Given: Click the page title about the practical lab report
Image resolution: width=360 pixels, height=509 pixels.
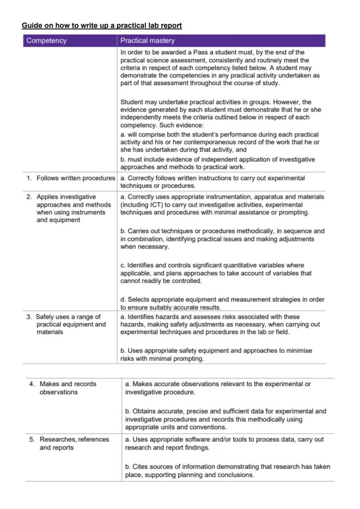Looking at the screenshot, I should pos(102,26).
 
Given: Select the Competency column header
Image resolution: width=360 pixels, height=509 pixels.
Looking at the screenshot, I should pos(47,41).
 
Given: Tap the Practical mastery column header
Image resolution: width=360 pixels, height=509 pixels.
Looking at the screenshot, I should pos(147,41).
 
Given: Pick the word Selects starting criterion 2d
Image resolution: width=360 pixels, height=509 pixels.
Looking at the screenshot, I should pos(138,299).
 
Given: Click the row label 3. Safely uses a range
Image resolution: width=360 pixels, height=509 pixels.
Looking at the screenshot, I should pos(68,317).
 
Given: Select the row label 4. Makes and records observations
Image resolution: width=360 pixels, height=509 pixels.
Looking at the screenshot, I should pos(68,384).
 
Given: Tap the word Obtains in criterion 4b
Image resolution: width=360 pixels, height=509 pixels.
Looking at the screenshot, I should pos(143,411).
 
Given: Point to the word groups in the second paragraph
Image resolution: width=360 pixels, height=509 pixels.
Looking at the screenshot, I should pos(256,102).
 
